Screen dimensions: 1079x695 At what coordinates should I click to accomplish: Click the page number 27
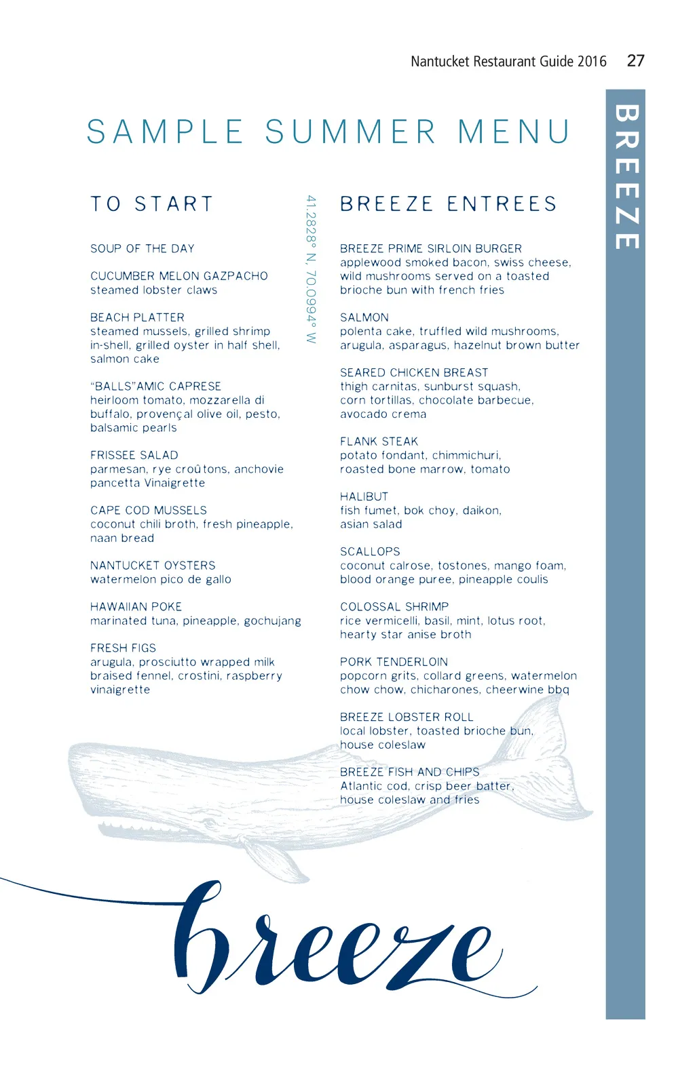coord(635,61)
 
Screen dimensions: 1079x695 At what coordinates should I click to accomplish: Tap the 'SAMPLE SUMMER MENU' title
coord(328,132)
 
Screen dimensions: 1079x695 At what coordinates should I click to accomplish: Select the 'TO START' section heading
coord(152,203)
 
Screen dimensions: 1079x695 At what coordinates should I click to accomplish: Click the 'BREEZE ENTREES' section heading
coord(448,203)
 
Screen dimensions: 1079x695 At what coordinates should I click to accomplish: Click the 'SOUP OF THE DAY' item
coord(143,248)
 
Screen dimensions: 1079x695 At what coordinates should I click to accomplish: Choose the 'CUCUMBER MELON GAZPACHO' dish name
coord(179,276)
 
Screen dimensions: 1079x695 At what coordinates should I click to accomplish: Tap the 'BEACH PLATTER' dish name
coord(137,317)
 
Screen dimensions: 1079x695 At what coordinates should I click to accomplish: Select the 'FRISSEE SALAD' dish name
coord(134,455)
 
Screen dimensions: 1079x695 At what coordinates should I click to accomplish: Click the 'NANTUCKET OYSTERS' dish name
coord(153,565)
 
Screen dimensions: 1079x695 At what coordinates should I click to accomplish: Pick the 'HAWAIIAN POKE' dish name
coord(136,606)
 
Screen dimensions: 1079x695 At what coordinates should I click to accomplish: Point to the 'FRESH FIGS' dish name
coord(123,648)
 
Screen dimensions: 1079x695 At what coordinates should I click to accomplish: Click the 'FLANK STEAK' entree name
coord(379,442)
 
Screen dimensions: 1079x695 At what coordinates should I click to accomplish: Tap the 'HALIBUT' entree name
coord(364,496)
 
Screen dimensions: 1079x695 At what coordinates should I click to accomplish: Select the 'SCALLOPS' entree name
coord(370,551)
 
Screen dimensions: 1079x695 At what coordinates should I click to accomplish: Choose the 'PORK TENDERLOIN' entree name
coord(394,661)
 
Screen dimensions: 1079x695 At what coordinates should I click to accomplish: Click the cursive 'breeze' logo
coord(333,939)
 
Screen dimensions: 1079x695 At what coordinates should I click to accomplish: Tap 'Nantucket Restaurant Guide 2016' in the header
coord(508,62)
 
